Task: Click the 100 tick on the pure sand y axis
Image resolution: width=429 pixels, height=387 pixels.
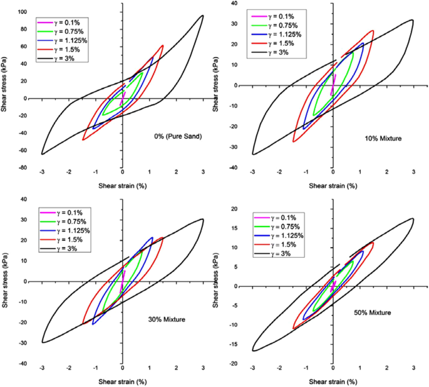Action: (x=21, y=12)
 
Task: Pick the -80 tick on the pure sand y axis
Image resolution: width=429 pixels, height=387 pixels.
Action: (x=21, y=167)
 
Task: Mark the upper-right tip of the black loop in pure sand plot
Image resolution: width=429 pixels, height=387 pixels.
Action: (x=202, y=16)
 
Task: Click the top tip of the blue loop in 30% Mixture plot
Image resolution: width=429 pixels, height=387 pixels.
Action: (x=152, y=238)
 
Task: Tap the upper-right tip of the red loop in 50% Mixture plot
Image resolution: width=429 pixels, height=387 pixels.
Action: (x=373, y=242)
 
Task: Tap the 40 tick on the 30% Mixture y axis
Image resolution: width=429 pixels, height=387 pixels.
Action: (x=24, y=199)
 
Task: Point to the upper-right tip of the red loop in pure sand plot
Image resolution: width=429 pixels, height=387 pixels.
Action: (x=163, y=45)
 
